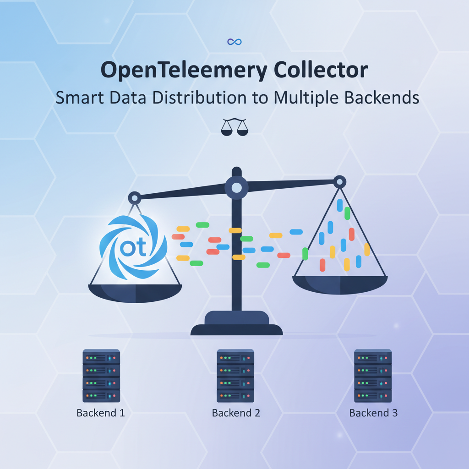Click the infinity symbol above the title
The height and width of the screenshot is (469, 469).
[x=234, y=42]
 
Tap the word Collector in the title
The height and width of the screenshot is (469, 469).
[x=316, y=71]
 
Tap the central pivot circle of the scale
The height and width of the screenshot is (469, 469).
[x=236, y=187]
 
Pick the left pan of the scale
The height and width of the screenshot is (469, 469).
[x=135, y=292]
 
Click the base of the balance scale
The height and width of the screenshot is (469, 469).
[x=236, y=324]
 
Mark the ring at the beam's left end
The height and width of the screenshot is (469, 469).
[x=135, y=198]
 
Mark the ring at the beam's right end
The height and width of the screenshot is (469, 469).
[x=339, y=182]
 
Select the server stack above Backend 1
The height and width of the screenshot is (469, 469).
[x=101, y=376]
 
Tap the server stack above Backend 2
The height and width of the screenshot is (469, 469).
[x=235, y=376]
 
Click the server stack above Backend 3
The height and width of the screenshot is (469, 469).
[x=373, y=376]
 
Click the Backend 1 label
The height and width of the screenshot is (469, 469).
[x=101, y=413]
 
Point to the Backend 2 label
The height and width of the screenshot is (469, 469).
[x=236, y=413]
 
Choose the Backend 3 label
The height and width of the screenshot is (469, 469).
[x=373, y=413]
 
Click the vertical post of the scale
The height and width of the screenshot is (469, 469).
[x=236, y=256]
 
